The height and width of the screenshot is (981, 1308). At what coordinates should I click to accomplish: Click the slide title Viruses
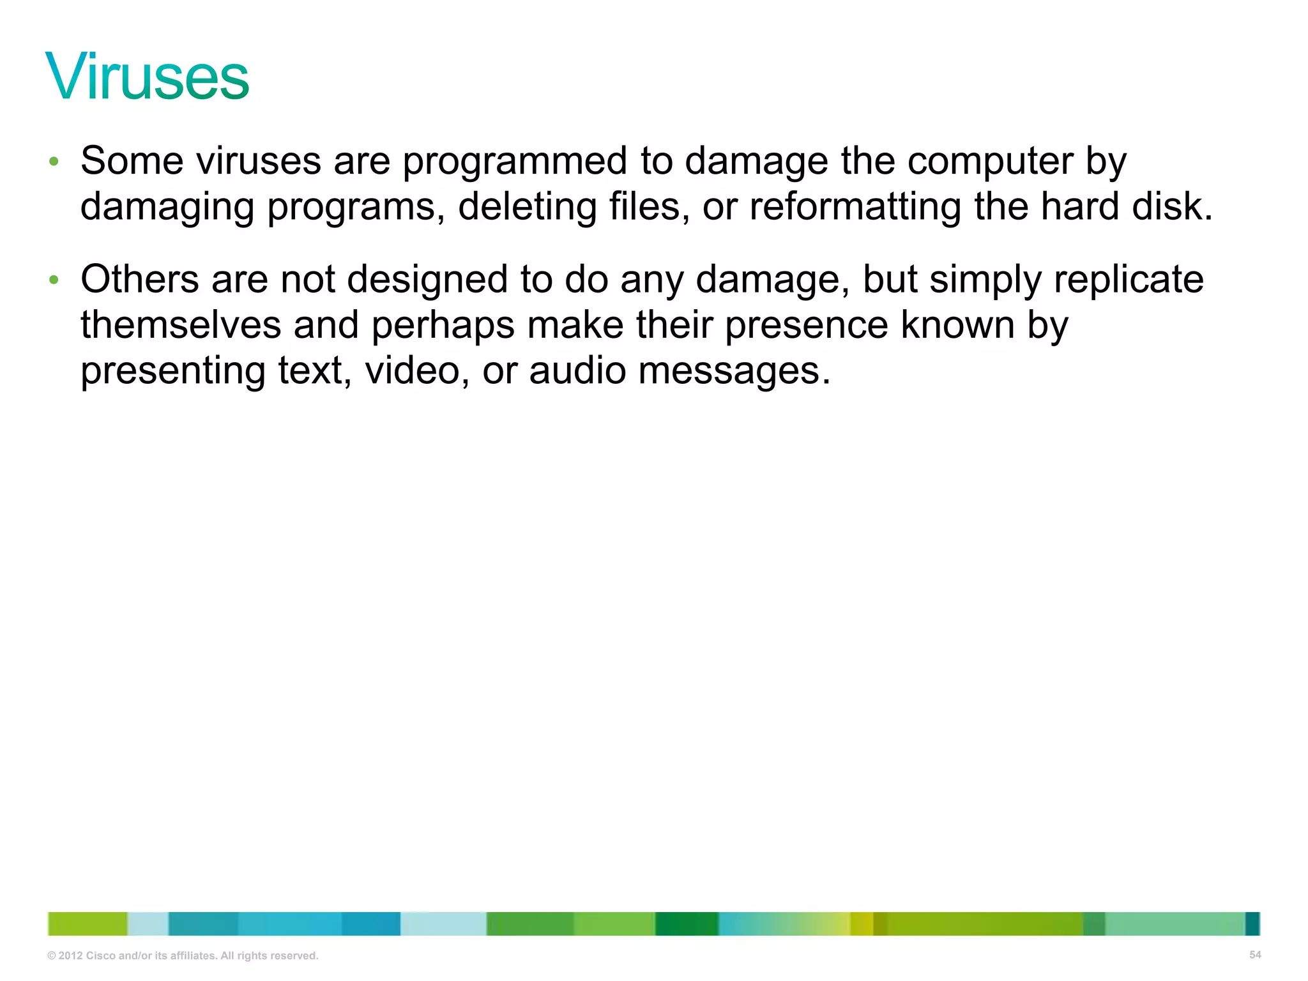click(147, 77)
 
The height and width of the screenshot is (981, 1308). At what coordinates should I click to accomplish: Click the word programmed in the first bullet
click(514, 161)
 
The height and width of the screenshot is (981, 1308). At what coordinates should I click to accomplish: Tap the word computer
click(990, 161)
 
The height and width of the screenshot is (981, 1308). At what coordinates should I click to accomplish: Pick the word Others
click(140, 280)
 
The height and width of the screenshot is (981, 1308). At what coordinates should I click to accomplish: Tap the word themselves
click(181, 325)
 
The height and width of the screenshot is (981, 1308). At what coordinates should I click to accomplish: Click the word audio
click(577, 371)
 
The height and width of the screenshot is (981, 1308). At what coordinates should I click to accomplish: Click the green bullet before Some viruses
click(54, 162)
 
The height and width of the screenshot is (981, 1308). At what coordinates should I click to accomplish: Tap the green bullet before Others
click(54, 280)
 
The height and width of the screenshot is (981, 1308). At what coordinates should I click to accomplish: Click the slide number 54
click(1255, 955)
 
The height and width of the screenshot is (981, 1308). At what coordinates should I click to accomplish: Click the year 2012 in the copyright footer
click(70, 956)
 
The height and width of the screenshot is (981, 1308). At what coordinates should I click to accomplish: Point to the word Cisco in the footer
click(100, 956)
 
